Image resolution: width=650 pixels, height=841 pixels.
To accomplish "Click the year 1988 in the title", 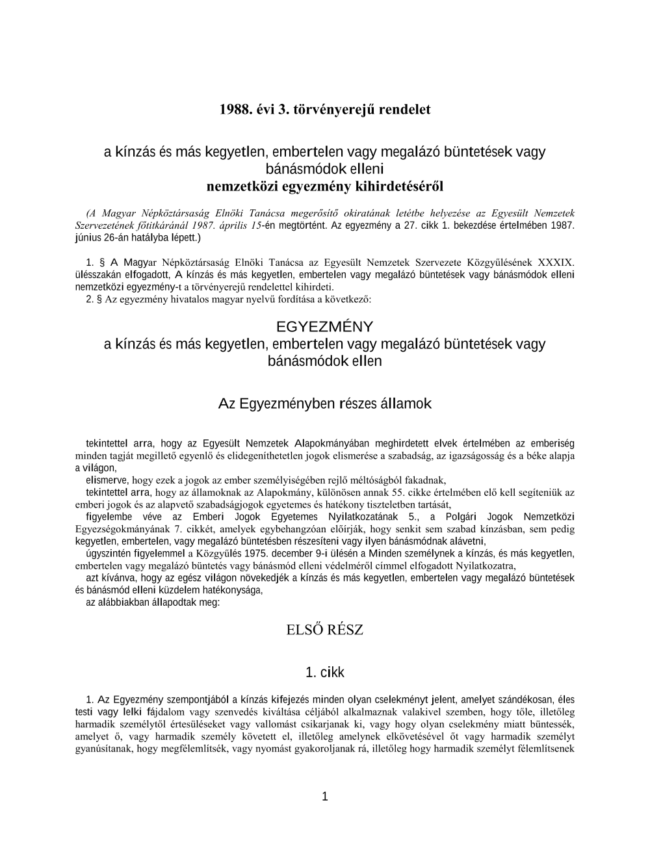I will click(x=235, y=109).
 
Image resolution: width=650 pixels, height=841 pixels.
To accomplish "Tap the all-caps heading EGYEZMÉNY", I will click(x=324, y=326).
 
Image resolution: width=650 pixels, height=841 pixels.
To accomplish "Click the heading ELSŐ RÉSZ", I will click(x=324, y=629).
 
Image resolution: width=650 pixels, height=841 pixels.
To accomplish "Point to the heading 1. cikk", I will click(x=324, y=673).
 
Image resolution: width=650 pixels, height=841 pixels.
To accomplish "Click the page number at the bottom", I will click(x=325, y=797).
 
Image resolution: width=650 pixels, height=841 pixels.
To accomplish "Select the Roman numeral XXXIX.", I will click(x=556, y=263).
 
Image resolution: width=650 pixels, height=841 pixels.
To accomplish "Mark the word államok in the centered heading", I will click(x=406, y=404).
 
